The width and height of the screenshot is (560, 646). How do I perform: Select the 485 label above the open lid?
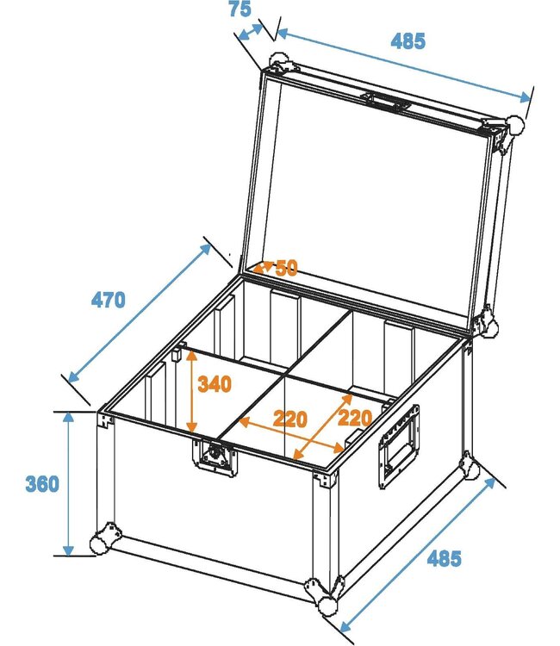pyautogui.click(x=408, y=40)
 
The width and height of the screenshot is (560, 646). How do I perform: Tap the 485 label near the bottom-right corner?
pyautogui.click(x=444, y=558)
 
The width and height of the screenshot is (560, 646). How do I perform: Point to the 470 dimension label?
pyautogui.click(x=109, y=300)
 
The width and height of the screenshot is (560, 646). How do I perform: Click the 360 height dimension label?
pyautogui.click(x=41, y=484)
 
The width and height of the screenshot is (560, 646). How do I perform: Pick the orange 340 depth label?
pyautogui.click(x=214, y=384)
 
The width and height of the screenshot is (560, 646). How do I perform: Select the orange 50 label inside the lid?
pyautogui.click(x=286, y=268)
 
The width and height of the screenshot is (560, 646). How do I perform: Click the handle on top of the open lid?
pyautogui.click(x=385, y=102)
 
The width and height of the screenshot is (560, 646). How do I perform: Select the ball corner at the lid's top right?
pyautogui.click(x=514, y=125)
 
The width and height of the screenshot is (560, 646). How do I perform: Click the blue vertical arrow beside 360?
pyautogui.click(x=68, y=483)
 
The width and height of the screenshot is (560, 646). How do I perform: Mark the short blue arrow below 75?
pyautogui.click(x=252, y=31)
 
